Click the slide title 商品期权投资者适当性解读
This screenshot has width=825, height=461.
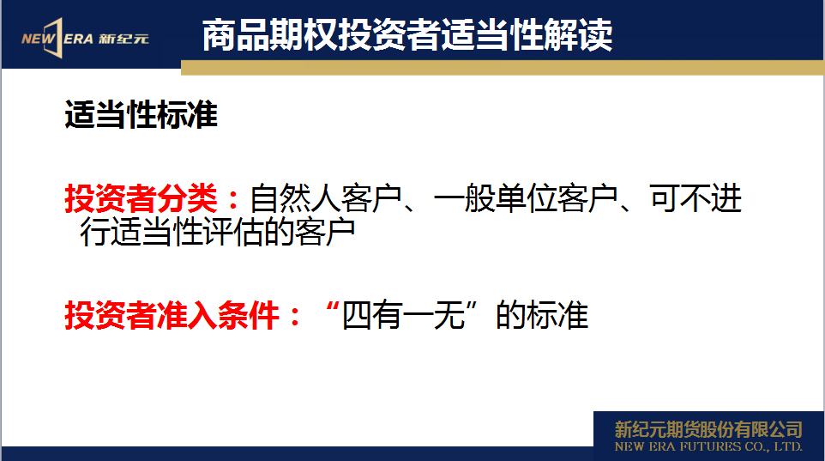point(407,35)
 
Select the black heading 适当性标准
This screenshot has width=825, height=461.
point(141,114)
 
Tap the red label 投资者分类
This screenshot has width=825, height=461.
point(141,198)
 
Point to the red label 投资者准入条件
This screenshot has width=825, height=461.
point(172,316)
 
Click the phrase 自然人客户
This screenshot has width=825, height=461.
point(325,198)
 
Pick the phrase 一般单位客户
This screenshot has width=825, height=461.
point(525,198)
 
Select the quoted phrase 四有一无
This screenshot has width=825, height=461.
point(404,316)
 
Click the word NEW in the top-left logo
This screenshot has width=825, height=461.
point(38,39)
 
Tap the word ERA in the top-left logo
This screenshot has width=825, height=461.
point(79,39)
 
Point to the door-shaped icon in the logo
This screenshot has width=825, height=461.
point(54,38)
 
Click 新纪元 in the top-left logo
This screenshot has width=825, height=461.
point(123,39)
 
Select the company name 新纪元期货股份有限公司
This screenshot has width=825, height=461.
point(708,429)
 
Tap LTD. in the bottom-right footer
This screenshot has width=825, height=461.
point(787,446)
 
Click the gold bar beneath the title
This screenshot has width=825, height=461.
point(503,68)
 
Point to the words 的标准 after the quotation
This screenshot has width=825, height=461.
point(542,316)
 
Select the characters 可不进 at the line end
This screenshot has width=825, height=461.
point(696,198)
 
